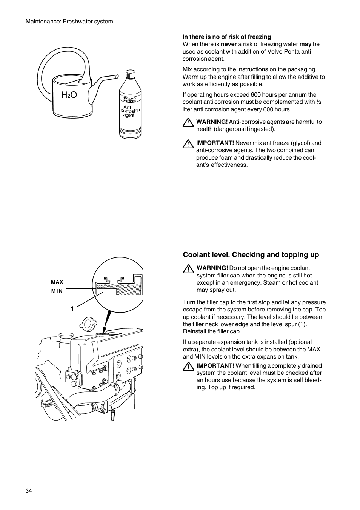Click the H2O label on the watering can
pyautogui.click(x=69, y=95)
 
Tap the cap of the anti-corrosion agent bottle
pyautogui.click(x=131, y=75)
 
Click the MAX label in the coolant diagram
pyautogui.click(x=57, y=282)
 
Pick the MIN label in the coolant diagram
pyautogui.click(x=57, y=291)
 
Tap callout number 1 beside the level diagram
pyautogui.click(x=72, y=309)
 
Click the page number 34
pyautogui.click(x=29, y=491)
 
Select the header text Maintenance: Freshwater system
pyautogui.click(x=69, y=22)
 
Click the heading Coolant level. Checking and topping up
pyautogui.click(x=251, y=255)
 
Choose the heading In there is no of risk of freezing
pyautogui.click(x=227, y=37)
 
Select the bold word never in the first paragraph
pyautogui.click(x=229, y=44)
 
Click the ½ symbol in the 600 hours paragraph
pyautogui.click(x=319, y=102)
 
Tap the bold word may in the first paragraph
pyautogui.click(x=305, y=44)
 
